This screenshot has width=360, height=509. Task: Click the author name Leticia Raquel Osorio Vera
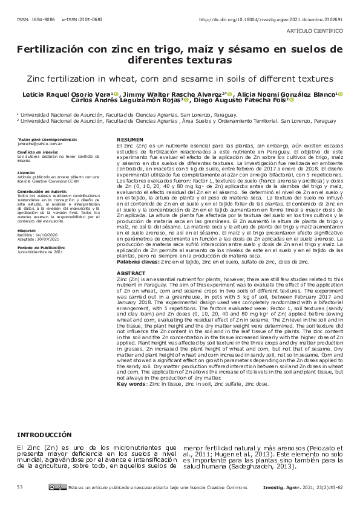(x=67, y=94)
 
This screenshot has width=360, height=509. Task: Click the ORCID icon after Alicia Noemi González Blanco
(x=341, y=94)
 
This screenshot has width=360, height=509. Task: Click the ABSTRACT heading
(x=129, y=273)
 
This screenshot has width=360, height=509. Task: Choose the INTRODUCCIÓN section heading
(x=48, y=435)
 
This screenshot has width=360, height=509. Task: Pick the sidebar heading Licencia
(x=27, y=172)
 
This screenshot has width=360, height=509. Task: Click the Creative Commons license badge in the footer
(x=58, y=487)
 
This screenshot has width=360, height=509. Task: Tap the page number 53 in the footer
(x=20, y=487)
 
